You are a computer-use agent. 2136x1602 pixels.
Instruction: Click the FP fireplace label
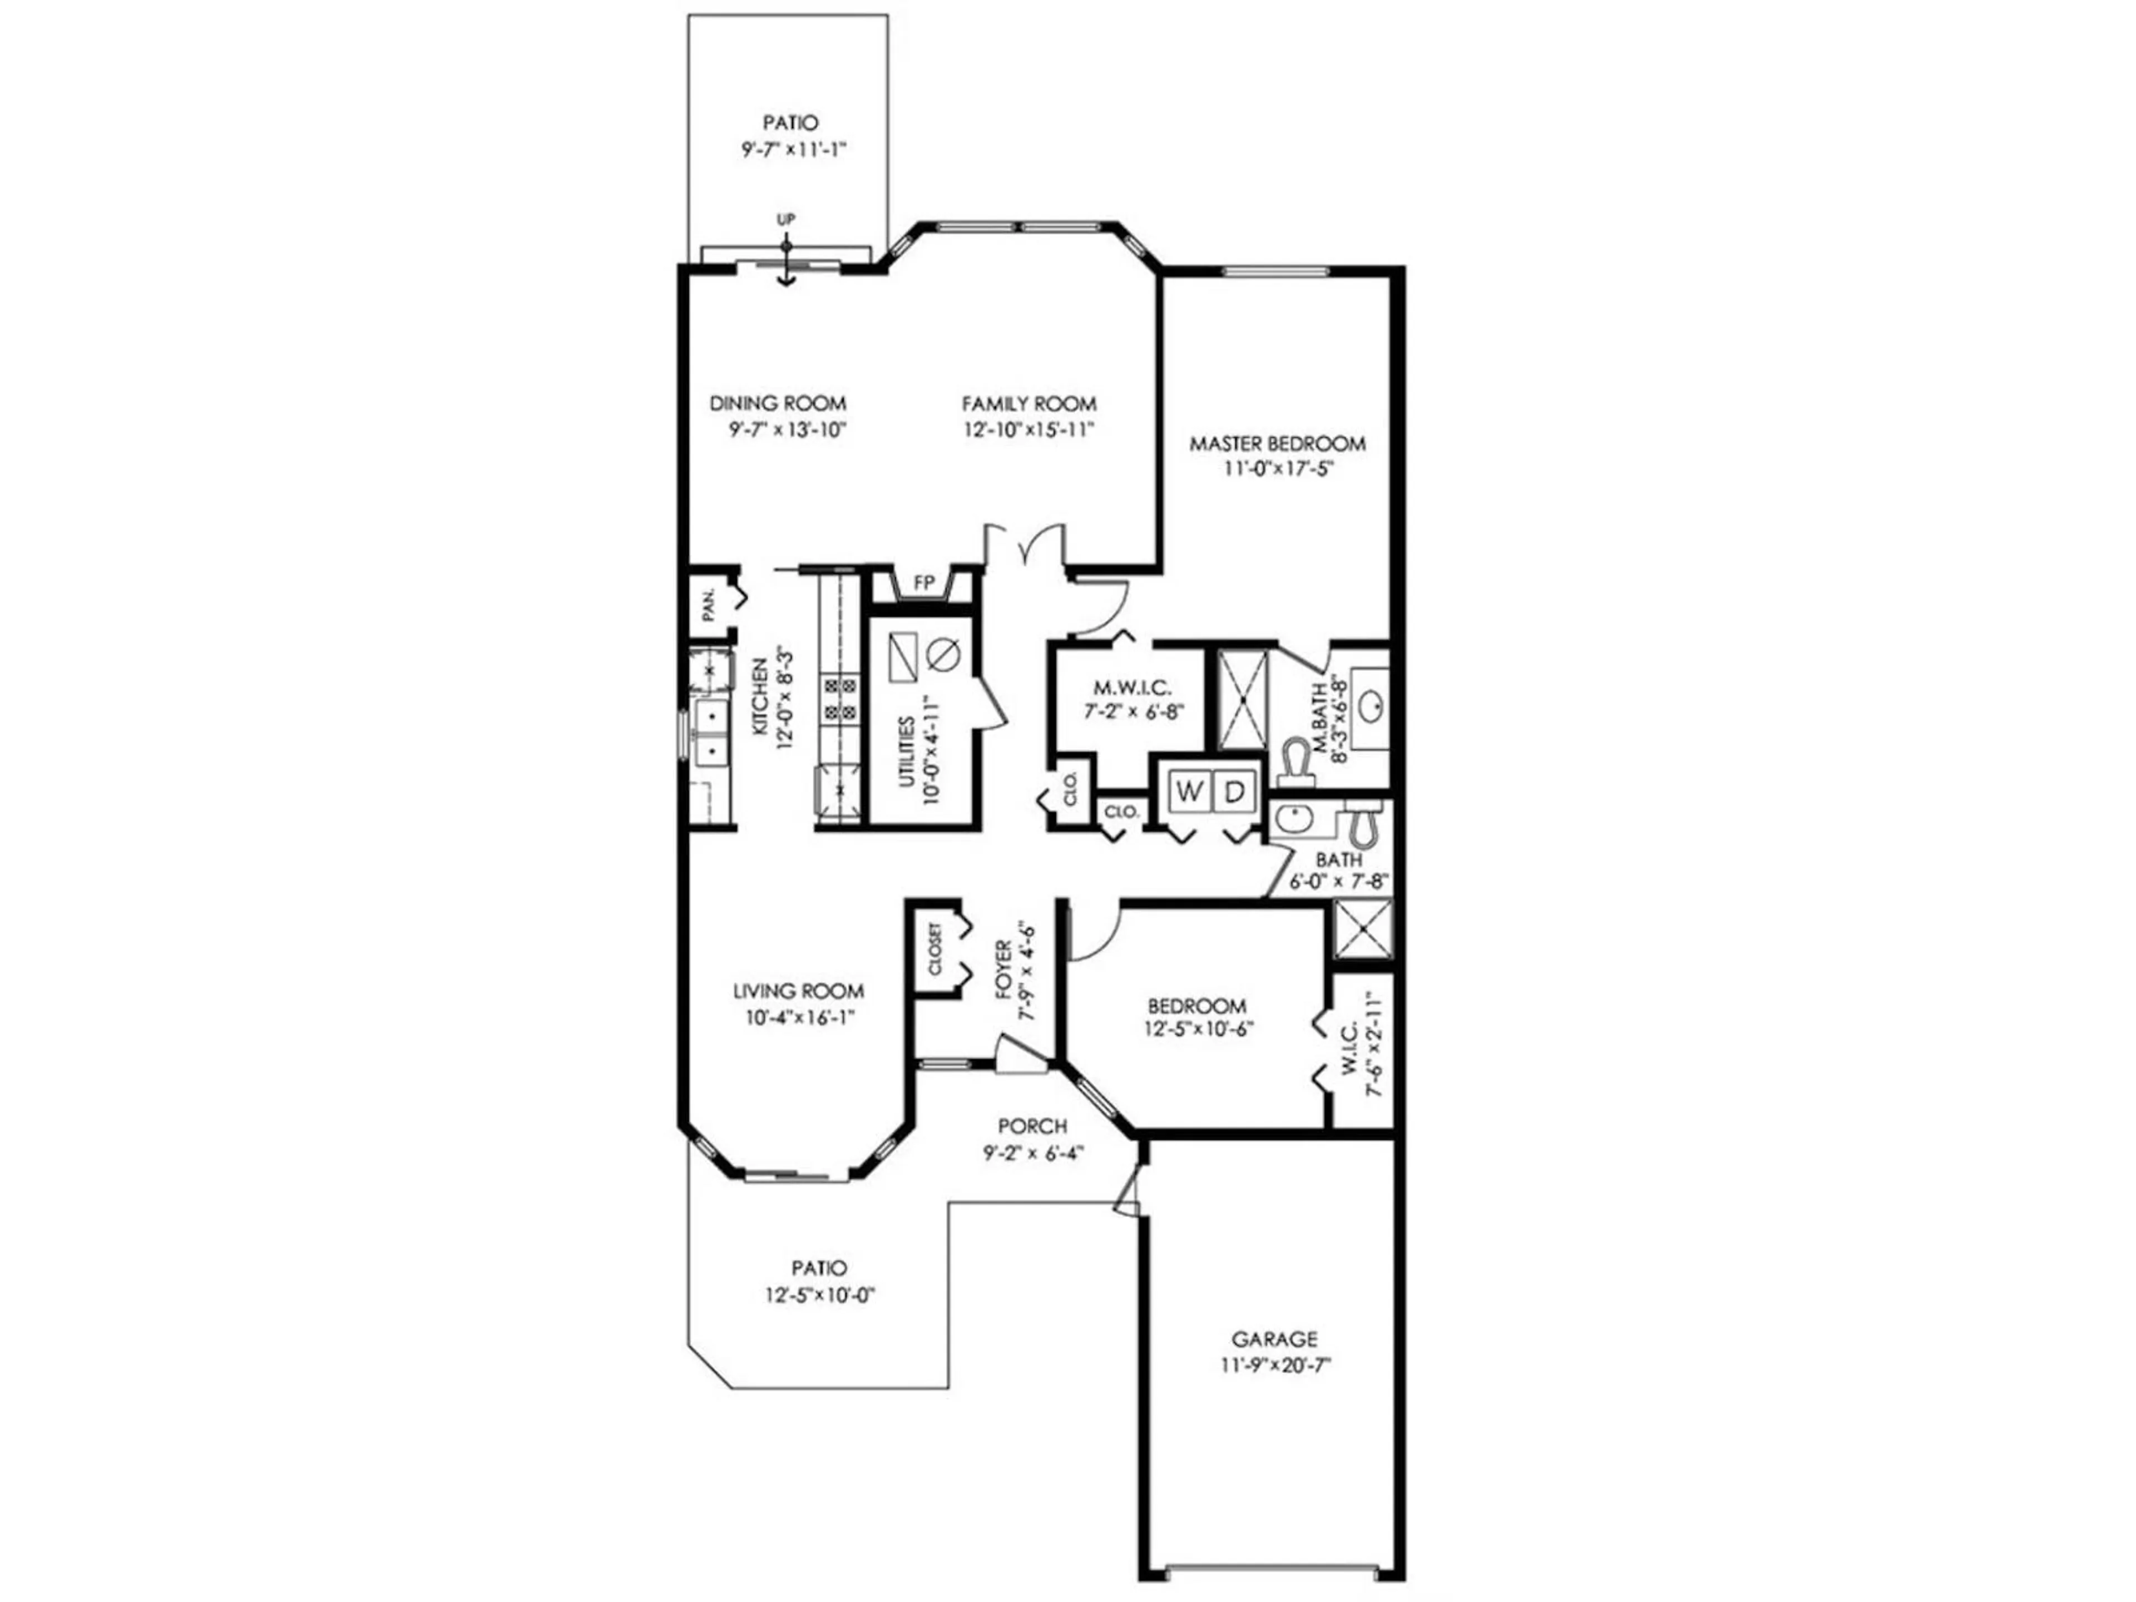click(x=924, y=584)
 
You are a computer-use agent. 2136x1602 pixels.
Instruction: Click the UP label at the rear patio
click(x=786, y=219)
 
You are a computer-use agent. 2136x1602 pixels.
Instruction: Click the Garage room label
click(x=1274, y=1339)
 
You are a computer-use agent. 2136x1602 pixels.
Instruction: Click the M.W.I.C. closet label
click(x=1133, y=688)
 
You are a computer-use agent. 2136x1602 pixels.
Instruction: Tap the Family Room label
click(x=1029, y=404)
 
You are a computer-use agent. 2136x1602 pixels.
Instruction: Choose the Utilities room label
click(x=907, y=753)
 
